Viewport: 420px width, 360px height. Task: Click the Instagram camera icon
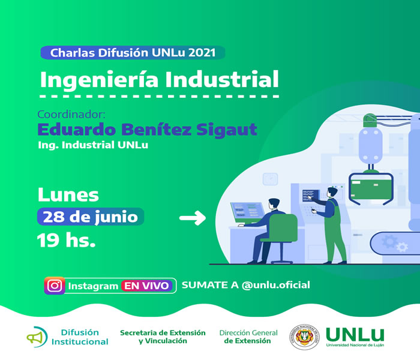(x=55, y=286)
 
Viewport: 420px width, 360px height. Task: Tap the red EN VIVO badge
(x=146, y=286)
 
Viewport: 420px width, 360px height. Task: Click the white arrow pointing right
(x=193, y=218)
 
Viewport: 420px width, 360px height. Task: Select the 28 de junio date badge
(x=91, y=217)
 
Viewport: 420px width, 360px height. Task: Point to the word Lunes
(x=68, y=195)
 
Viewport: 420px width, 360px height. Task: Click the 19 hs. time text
(x=66, y=240)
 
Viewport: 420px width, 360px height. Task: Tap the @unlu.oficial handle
(x=275, y=285)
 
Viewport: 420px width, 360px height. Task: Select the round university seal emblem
(x=304, y=337)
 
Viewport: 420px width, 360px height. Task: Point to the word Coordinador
(x=71, y=115)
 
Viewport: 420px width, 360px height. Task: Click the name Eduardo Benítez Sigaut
(x=148, y=130)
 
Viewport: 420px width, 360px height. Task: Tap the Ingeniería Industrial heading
(x=160, y=80)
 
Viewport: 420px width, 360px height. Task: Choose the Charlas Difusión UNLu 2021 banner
(x=133, y=53)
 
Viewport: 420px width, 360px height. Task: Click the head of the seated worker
(x=274, y=205)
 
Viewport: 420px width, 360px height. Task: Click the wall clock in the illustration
(x=270, y=179)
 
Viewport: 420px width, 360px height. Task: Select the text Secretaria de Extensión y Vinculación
(x=163, y=337)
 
